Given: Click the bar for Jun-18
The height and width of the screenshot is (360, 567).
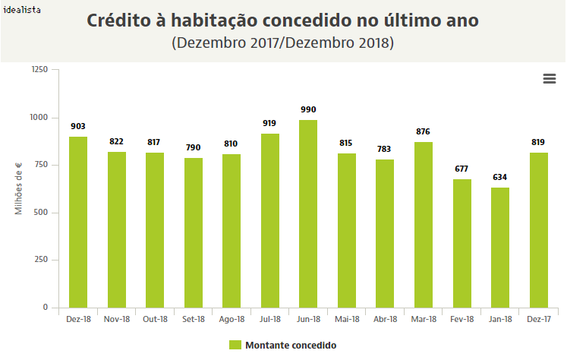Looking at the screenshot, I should click(308, 213).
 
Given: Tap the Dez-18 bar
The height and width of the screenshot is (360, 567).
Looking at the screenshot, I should click(78, 222).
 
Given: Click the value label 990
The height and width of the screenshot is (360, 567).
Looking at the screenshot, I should click(308, 110).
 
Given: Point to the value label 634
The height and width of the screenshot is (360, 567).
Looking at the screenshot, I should click(500, 178).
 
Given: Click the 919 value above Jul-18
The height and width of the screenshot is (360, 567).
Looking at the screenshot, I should click(269, 124).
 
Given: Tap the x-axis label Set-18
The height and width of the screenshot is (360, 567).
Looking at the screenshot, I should click(194, 320).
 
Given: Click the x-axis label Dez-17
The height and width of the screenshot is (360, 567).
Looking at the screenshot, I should click(538, 320).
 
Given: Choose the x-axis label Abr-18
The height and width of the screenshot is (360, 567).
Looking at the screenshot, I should click(385, 320).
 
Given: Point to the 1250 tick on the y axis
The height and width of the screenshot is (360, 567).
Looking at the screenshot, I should click(39, 70).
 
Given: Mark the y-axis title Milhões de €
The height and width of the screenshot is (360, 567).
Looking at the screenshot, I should click(20, 188).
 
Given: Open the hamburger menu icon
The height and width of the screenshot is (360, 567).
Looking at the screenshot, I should click(550, 79).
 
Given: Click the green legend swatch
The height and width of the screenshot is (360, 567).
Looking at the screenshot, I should click(235, 346).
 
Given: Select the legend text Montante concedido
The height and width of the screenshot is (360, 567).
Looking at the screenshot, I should click(291, 346).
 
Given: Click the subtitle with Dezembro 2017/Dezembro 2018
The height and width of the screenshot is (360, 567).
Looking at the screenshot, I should click(283, 43).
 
